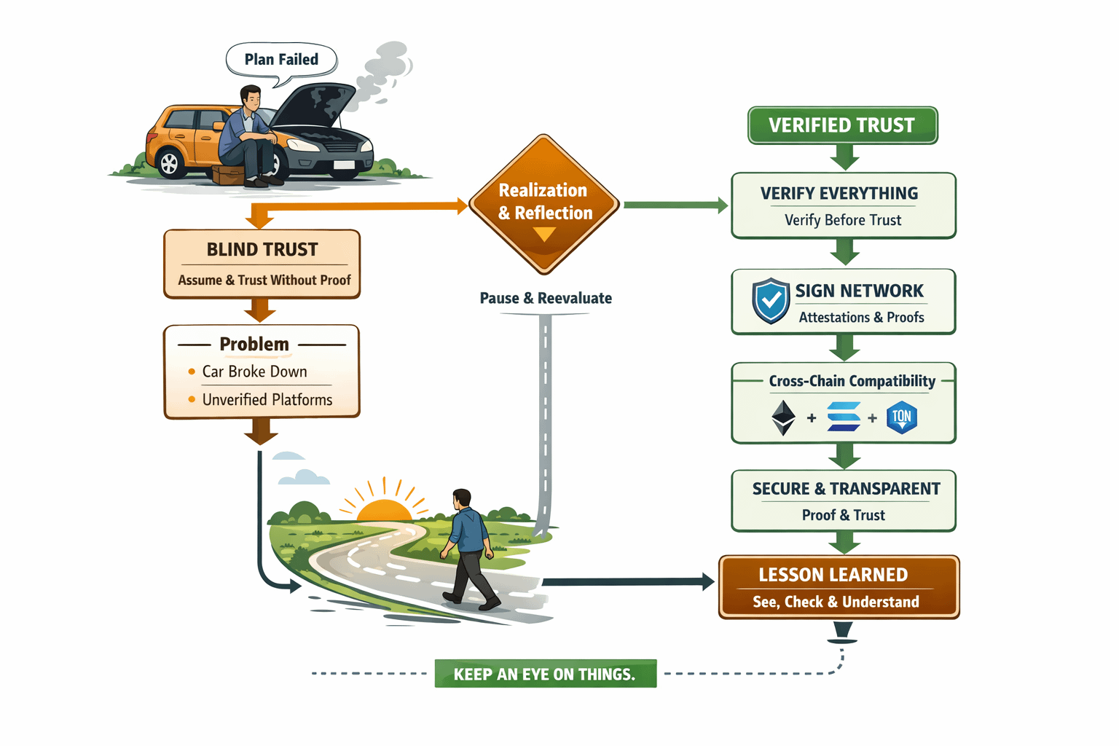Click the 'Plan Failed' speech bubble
[x=281, y=60]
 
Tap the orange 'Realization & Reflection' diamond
[x=544, y=203]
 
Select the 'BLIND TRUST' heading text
[x=262, y=250]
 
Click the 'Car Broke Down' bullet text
[x=254, y=372]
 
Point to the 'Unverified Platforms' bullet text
[x=267, y=400]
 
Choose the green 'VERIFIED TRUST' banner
[x=842, y=125]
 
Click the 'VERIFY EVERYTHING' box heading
[x=839, y=194]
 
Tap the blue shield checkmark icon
[x=771, y=300]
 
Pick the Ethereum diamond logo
[x=783, y=417]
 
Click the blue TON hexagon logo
[x=902, y=417]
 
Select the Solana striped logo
[x=844, y=417]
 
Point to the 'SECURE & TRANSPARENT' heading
[x=846, y=489]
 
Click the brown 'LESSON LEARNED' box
[x=839, y=587]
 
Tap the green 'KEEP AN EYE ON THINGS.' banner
[x=545, y=674]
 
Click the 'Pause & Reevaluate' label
[x=546, y=298]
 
